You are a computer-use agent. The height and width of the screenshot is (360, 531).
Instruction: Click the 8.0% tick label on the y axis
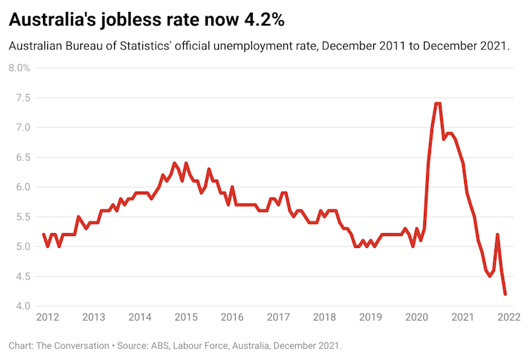[x=20, y=68]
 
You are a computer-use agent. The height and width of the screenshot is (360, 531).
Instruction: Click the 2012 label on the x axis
[x=47, y=317]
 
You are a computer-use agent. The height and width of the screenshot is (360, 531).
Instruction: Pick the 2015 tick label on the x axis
[x=186, y=317]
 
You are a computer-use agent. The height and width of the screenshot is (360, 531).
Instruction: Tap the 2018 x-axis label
[x=325, y=317]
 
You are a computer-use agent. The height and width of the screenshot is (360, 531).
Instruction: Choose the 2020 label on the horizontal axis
[x=417, y=317]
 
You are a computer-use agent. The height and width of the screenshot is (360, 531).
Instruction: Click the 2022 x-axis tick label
[x=509, y=317]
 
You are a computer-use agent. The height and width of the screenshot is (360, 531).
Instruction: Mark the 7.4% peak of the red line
[x=437, y=104]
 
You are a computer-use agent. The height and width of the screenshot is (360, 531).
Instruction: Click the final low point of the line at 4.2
[x=504, y=294]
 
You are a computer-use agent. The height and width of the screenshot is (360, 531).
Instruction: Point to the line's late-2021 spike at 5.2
[x=497, y=235]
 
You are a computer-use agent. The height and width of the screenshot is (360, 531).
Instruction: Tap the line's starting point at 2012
[x=44, y=235]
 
